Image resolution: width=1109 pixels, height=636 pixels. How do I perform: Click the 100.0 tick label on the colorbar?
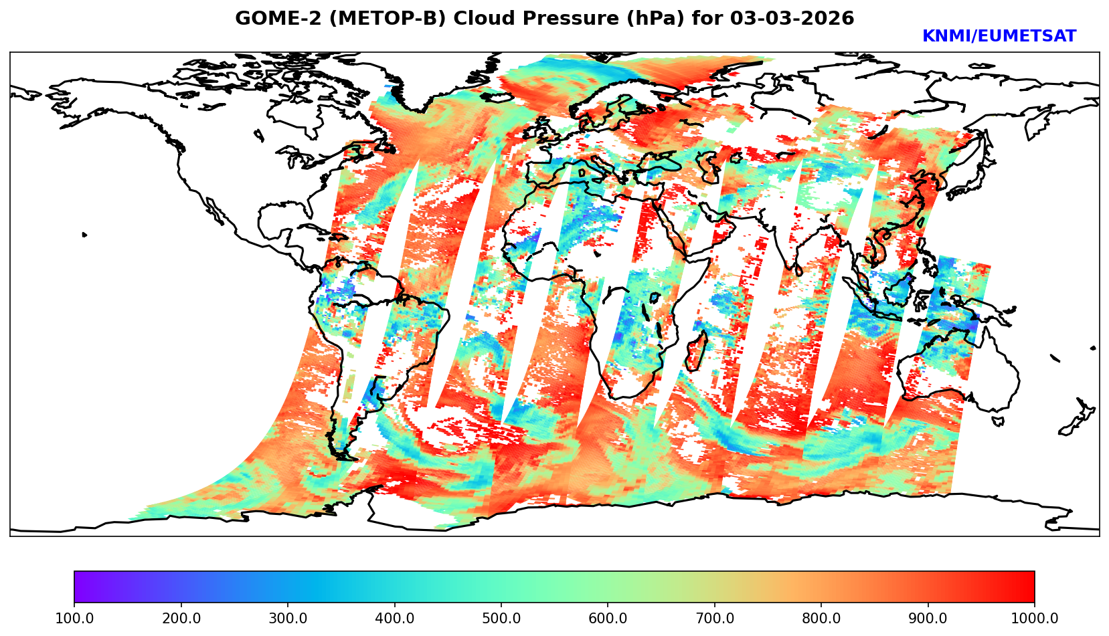(74, 619)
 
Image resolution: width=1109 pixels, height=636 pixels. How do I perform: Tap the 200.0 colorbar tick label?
(181, 619)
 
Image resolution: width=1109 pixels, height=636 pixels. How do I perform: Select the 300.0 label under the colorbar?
(288, 619)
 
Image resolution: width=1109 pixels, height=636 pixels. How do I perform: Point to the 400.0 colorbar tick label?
(394, 619)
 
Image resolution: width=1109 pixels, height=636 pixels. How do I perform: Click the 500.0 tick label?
(501, 619)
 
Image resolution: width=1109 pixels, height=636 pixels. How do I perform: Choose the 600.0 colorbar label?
(608, 619)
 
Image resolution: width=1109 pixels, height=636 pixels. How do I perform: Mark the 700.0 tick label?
(715, 619)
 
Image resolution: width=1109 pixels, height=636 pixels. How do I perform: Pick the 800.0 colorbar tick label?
(821, 619)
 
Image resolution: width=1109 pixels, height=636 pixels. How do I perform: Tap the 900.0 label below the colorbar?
(928, 619)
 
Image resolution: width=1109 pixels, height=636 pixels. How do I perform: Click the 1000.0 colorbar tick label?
(1035, 619)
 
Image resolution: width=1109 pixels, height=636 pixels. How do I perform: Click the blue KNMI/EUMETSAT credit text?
(999, 37)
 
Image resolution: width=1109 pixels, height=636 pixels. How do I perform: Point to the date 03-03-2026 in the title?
(792, 19)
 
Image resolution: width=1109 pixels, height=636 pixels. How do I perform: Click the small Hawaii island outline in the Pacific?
(84, 235)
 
